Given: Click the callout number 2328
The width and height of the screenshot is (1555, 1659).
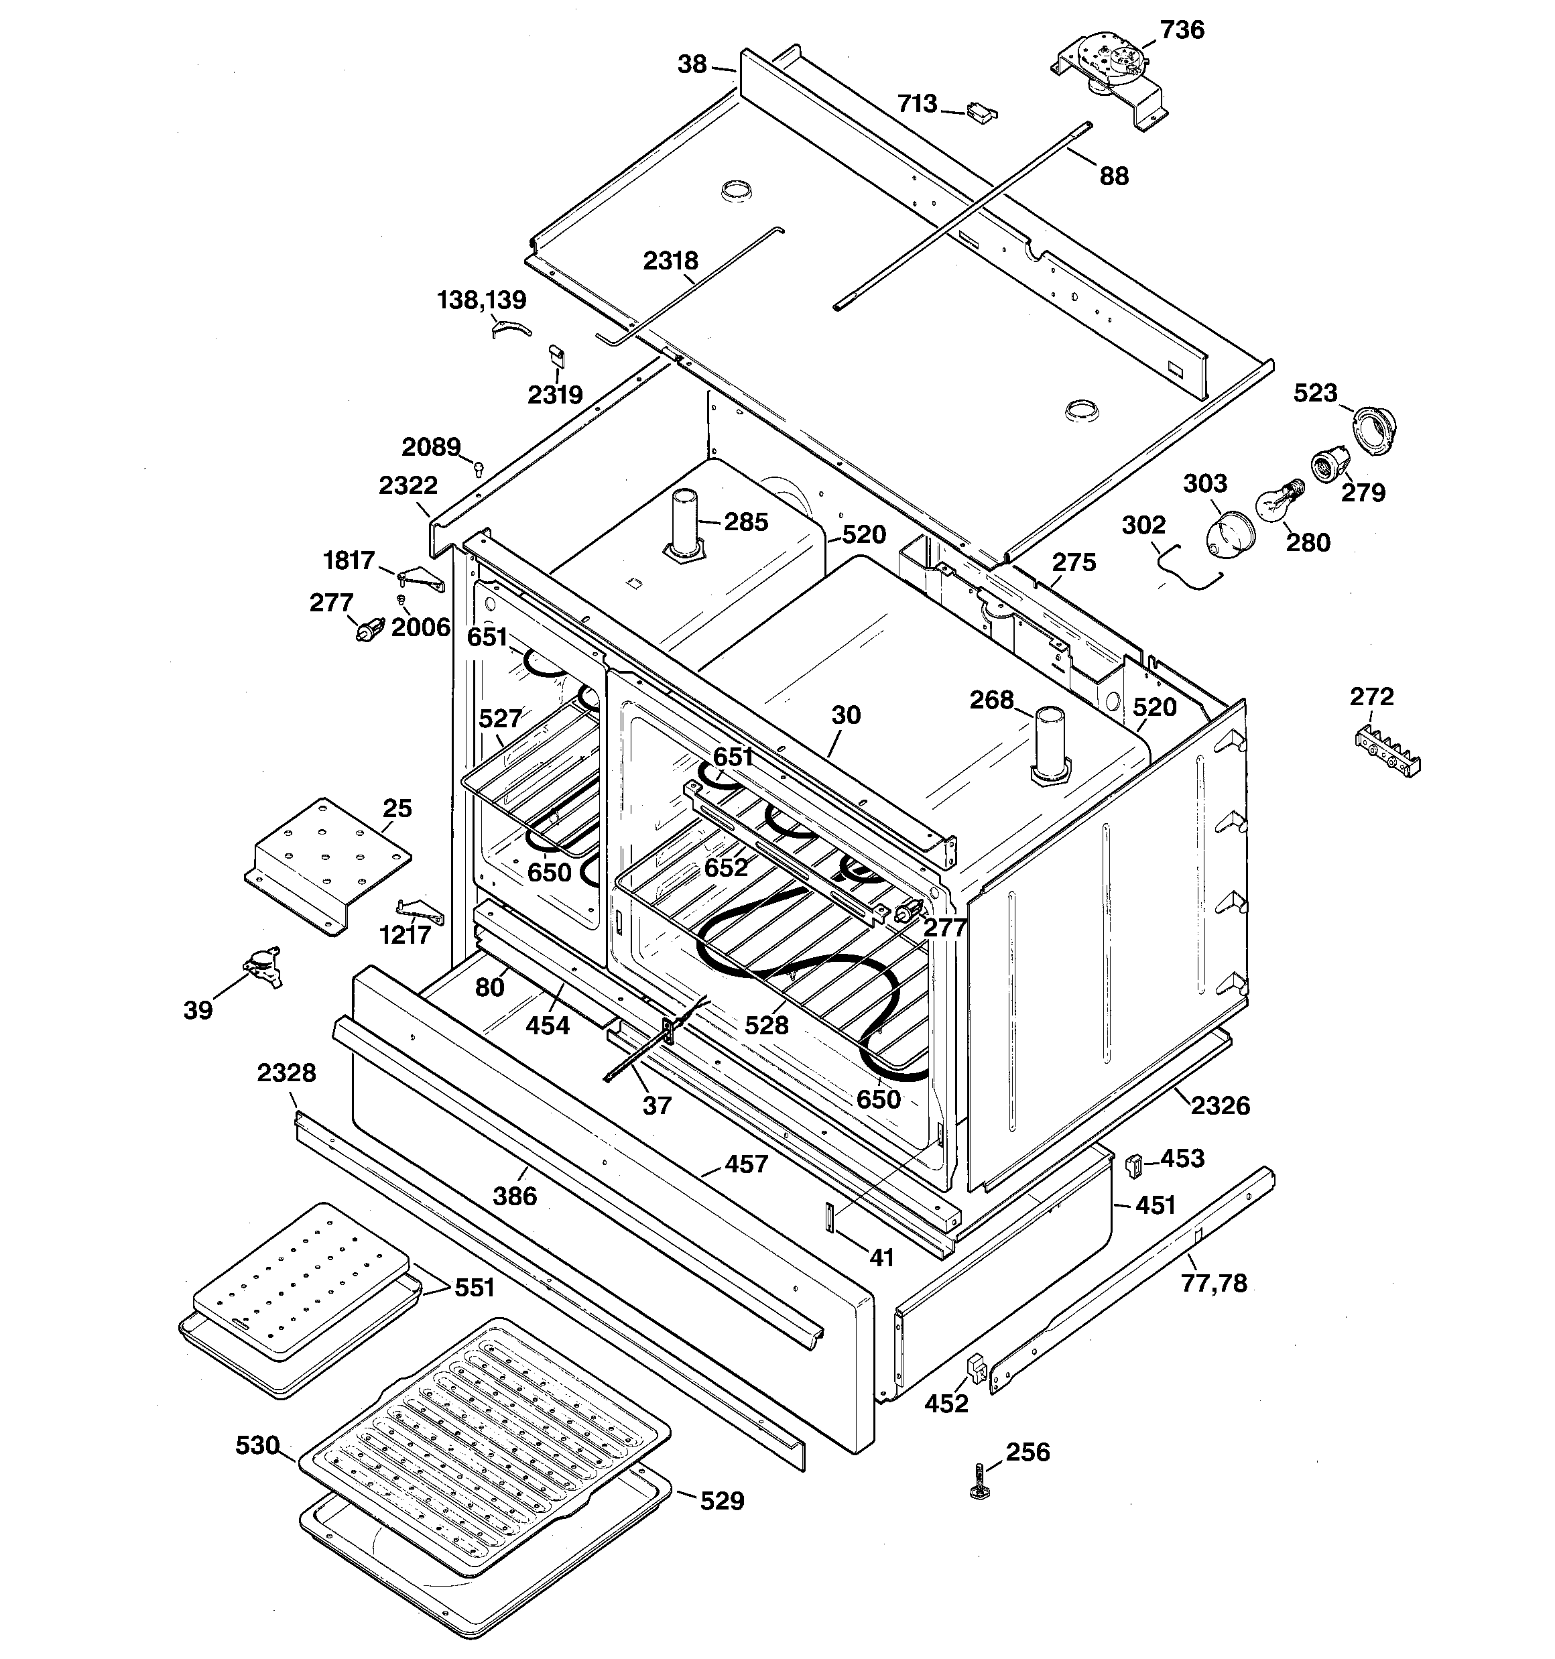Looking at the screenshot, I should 286,1073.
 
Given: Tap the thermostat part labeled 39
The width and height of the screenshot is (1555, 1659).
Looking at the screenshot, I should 262,967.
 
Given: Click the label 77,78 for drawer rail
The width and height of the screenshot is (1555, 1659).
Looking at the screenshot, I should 1214,1284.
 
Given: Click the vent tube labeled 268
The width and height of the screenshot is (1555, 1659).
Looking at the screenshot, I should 1049,745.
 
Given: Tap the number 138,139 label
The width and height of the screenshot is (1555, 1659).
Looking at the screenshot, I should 482,300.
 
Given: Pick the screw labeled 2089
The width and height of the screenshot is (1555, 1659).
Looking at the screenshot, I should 479,468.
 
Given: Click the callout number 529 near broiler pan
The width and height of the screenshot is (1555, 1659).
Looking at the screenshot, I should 722,1501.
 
